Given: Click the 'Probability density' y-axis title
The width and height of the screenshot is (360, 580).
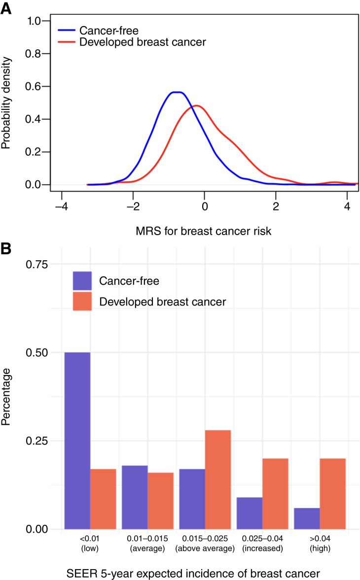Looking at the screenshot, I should click(x=7, y=102).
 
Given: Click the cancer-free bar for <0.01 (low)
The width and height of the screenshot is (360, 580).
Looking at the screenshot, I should click(x=77, y=441).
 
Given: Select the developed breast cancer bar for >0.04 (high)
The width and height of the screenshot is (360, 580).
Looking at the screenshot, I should click(x=332, y=494).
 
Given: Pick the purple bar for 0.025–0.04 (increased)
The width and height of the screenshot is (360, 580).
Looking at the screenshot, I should click(x=250, y=513).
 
